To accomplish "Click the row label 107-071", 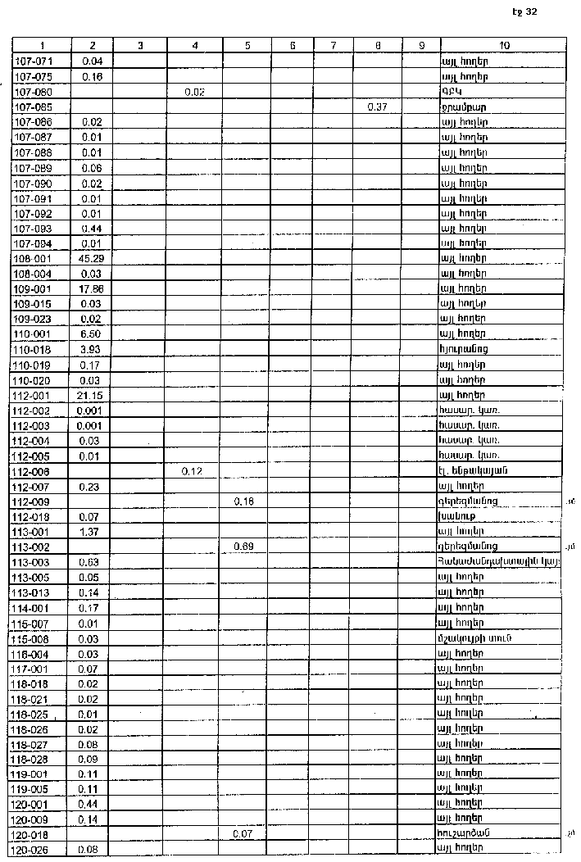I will (33, 61).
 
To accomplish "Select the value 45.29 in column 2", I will (90, 258).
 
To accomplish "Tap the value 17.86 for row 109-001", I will (90, 288).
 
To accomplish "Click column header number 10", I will (504, 46).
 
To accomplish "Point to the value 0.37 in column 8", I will (377, 107).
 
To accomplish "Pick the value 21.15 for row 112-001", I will (90, 395).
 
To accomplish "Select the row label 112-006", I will (33, 471).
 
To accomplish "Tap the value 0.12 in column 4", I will (194, 471).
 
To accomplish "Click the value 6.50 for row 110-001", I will (90, 334).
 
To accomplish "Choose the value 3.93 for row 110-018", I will (90, 349).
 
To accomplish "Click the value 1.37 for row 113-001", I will (90, 531).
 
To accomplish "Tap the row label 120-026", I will (33, 849).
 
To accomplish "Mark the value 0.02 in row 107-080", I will (194, 92).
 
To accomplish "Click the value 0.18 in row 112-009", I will (243, 501).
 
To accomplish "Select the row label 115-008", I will (33, 638).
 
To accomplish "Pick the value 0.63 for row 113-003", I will (90, 561).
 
